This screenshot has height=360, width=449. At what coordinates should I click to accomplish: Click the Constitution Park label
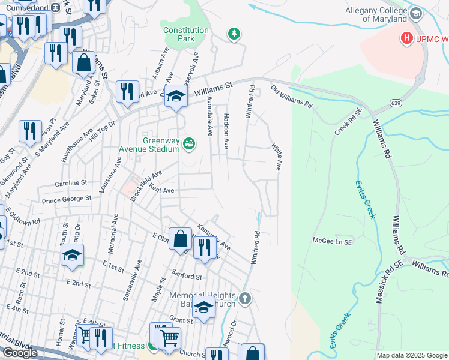(186, 34)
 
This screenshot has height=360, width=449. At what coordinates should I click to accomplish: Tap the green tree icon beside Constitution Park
(234, 34)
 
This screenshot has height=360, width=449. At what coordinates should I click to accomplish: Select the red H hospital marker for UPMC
(407, 38)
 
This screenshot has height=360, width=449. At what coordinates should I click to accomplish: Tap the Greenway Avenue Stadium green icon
(190, 143)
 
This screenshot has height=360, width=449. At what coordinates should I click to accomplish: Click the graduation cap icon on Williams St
(176, 97)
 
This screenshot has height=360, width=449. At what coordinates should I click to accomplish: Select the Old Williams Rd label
(291, 96)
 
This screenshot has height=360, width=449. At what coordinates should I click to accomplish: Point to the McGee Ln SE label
(331, 240)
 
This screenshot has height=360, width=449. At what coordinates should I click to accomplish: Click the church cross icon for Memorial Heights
(244, 298)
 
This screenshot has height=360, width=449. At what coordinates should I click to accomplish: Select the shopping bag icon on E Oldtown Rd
(180, 239)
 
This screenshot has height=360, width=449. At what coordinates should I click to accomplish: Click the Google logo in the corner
(20, 353)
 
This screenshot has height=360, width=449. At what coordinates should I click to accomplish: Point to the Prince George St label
(66, 197)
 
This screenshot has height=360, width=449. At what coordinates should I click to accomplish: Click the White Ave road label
(276, 156)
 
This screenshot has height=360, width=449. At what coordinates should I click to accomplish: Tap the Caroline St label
(71, 182)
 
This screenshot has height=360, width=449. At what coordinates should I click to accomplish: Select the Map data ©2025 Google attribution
(412, 355)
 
